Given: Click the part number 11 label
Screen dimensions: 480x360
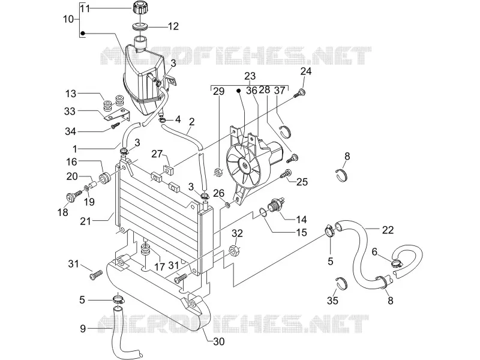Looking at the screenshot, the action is pos(85,8).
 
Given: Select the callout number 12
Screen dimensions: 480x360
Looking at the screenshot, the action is pos(173,26).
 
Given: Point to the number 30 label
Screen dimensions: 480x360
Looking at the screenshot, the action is pos(219,341).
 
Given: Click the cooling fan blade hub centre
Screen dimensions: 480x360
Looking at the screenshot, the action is pos(245,166).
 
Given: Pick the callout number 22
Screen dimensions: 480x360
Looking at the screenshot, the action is pos(388,230).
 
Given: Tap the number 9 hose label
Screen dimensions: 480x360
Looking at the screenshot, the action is pos(83,329).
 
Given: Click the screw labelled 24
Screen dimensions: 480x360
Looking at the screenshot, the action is pos(299,93).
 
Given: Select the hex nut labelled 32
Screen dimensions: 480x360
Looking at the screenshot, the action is pos(234,251).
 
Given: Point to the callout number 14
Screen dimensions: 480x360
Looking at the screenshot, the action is pos(301,219).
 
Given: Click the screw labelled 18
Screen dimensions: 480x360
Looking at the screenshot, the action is pos(74,196).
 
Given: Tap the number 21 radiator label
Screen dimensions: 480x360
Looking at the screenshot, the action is pos(85,221).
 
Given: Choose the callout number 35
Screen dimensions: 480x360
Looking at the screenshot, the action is pos(332,301).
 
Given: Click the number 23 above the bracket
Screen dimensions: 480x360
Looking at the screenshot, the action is pos(250,76).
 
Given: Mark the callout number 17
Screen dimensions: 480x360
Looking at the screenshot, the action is pos(160,266).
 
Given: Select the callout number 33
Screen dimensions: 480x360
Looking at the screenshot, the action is pos(70,111).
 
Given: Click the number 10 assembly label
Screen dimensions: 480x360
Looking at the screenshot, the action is pos(68,19).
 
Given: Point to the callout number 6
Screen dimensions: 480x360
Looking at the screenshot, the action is pos(374,252).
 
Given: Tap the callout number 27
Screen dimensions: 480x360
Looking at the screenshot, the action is pos(157,154).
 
